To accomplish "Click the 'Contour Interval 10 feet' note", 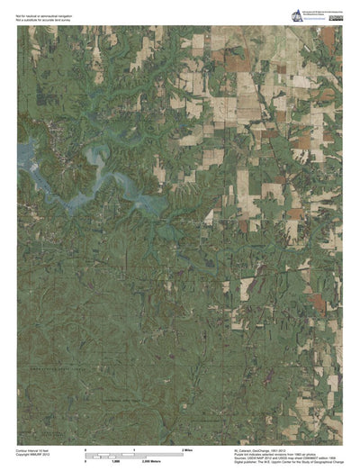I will coord(35,447).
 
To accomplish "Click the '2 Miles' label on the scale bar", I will coord(189,448).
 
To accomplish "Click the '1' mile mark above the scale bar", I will coord(133,448).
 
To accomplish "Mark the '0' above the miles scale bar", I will coord(85,448).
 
